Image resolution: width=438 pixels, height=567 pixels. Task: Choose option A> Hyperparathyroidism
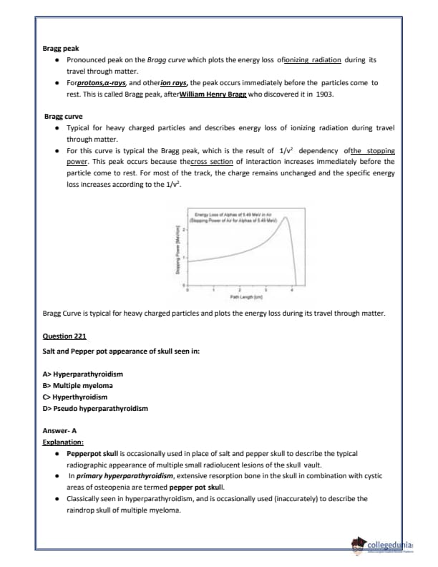83,374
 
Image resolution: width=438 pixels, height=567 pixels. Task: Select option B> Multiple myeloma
78,385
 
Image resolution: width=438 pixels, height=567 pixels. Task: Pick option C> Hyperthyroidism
75,397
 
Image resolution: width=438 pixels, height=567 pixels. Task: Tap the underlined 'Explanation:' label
63,442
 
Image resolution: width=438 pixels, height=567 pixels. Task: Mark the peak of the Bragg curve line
284,219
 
